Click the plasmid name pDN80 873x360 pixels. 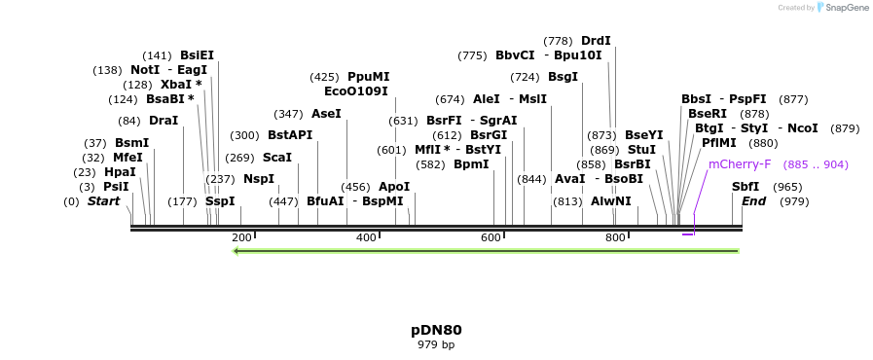(436, 330)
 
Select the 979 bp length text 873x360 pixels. (436, 344)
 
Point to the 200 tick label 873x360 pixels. (241, 238)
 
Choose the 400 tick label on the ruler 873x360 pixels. (366, 238)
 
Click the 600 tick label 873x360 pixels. (491, 238)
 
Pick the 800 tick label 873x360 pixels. (615, 238)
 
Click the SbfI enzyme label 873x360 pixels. (746, 187)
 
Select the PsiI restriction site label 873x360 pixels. (116, 187)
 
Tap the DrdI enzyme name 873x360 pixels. (596, 41)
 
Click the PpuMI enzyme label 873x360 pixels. (368, 77)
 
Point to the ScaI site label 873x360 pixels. (277, 158)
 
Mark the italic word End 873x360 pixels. (753, 201)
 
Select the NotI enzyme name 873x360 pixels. (145, 70)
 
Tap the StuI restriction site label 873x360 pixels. (641, 150)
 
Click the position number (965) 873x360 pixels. (787, 187)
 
